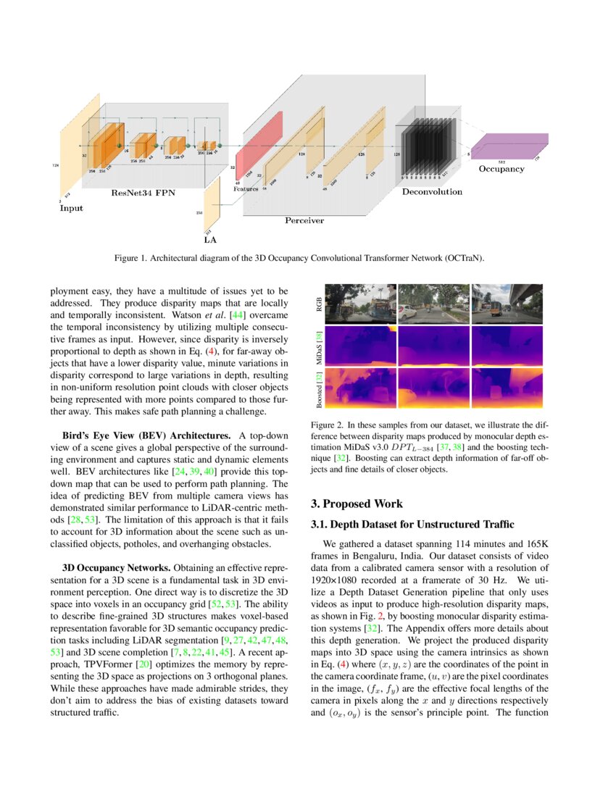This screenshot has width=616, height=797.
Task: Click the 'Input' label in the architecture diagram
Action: (x=71, y=208)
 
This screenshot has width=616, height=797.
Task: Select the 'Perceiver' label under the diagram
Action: (x=304, y=220)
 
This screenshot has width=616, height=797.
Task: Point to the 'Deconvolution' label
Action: (x=432, y=192)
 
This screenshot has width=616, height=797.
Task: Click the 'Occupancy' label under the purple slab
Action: (x=501, y=169)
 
